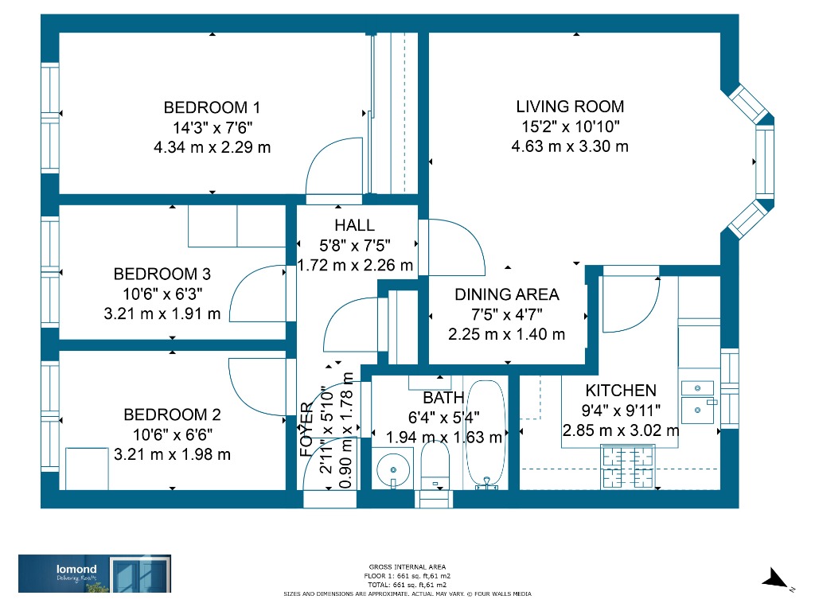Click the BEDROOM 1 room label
(212, 107)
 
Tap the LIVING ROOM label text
(570, 107)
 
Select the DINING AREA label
(507, 294)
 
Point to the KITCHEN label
(621, 390)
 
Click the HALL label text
(354, 225)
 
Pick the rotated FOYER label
(306, 429)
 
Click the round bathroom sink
(393, 469)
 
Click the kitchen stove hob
(627, 466)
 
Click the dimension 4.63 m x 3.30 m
(570, 146)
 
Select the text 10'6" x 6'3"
(162, 294)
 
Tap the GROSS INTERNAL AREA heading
(407, 566)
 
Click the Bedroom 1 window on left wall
(50, 119)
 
